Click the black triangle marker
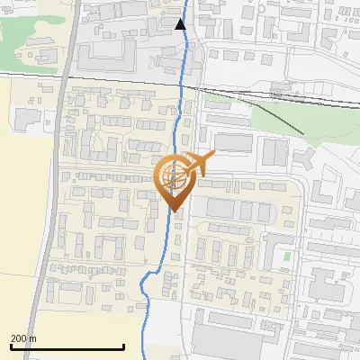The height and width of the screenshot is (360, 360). [x=181, y=24]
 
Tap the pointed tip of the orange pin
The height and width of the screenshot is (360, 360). [x=174, y=211]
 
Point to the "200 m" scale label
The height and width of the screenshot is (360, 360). [x=24, y=338]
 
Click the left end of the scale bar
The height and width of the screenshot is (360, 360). [x=10, y=346]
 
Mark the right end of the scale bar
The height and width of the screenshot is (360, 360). [x=123, y=346]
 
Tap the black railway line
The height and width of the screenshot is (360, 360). [x=108, y=80]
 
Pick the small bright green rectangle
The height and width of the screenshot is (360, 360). [x=287, y=256]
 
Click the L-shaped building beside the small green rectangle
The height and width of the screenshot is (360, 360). [x=274, y=247]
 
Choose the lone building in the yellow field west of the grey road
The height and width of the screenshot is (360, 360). [x=27, y=117]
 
